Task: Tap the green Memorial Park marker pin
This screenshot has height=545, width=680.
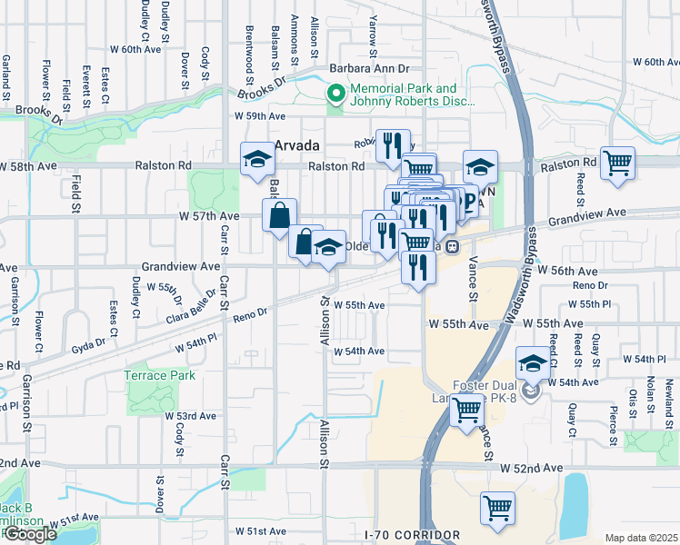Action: click(335, 94)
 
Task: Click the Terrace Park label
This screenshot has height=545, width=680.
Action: click(160, 374)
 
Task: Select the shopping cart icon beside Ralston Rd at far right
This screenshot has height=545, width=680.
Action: click(618, 163)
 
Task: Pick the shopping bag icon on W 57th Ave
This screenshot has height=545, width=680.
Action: click(279, 216)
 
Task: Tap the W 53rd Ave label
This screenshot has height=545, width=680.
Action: click(190, 415)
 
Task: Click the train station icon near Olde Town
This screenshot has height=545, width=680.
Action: click(451, 245)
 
